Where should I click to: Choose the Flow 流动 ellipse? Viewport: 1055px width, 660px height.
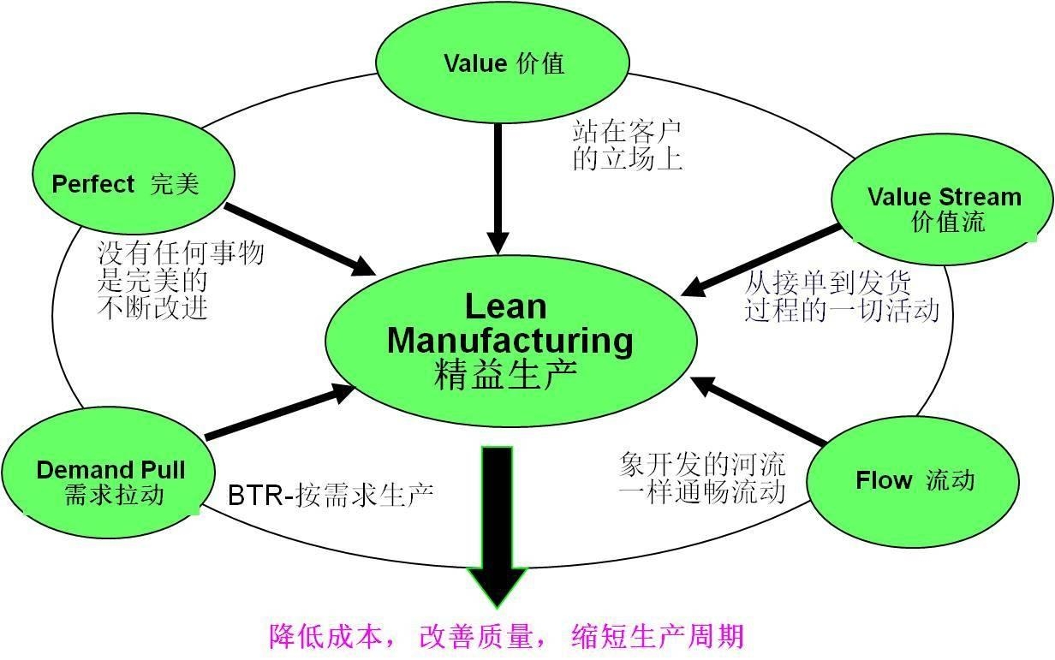[913, 480]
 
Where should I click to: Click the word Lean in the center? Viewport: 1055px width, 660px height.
[505, 306]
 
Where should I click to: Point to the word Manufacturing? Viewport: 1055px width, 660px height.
[510, 340]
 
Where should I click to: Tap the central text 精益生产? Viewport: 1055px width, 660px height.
[505, 375]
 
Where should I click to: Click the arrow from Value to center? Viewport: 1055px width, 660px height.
[498, 188]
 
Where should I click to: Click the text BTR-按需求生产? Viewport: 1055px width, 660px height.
[331, 495]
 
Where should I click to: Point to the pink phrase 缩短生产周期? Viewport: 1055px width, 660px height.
[657, 636]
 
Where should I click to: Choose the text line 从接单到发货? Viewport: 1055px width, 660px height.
[828, 281]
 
